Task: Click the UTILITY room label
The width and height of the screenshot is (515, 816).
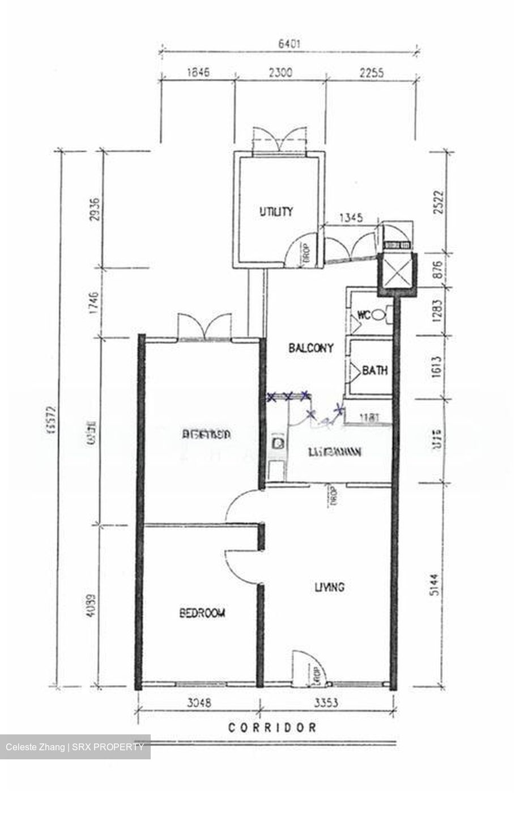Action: tap(276, 212)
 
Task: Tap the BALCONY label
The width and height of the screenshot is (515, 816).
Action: tap(311, 348)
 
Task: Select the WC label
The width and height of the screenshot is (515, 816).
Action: tap(364, 315)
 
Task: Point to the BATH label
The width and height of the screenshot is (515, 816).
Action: tap(375, 371)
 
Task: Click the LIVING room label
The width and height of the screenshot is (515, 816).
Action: tap(329, 587)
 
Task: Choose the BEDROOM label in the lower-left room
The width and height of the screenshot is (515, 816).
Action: tap(202, 613)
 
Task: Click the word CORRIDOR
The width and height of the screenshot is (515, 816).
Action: tap(273, 727)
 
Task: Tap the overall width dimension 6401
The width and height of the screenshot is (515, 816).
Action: tap(288, 42)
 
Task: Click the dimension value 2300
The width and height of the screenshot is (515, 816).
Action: tap(281, 72)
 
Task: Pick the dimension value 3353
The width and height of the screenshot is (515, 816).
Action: tap(326, 703)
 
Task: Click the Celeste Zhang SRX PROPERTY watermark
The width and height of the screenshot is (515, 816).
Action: tap(75, 747)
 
